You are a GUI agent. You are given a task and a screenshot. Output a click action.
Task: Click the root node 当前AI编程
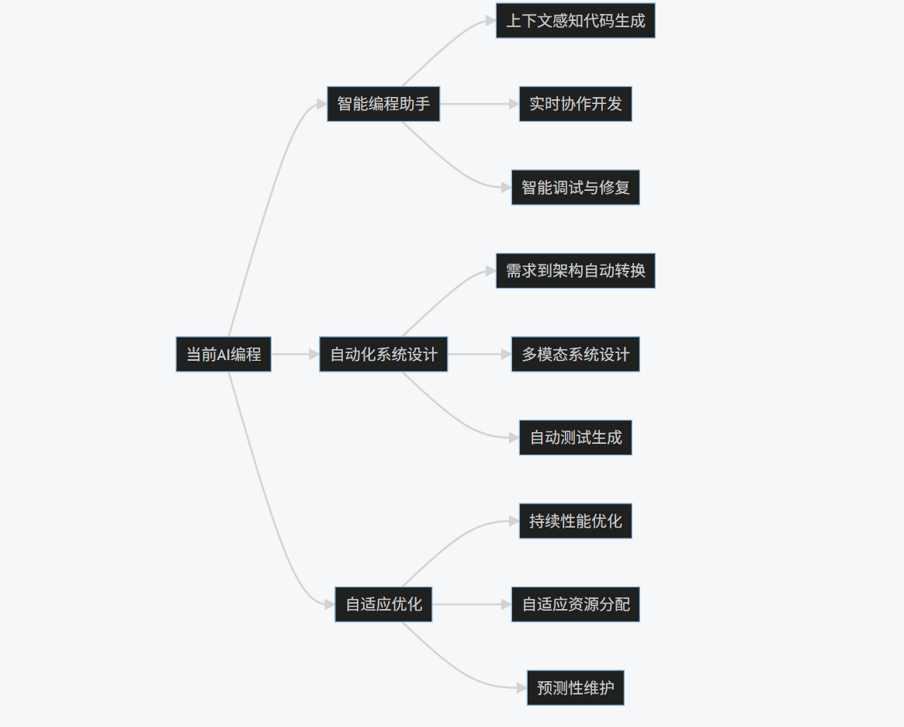tap(223, 355)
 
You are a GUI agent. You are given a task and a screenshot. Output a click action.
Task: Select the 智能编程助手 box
tap(383, 104)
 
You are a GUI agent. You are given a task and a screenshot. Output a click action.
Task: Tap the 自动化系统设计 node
tap(383, 355)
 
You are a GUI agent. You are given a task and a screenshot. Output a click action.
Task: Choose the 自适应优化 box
tap(383, 604)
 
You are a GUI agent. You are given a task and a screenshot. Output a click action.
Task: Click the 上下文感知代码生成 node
tap(575, 21)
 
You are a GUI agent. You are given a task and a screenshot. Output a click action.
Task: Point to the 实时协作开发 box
tap(575, 104)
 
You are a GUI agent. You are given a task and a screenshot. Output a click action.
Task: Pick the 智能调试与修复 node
tap(575, 188)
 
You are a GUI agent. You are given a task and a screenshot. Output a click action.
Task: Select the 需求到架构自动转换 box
tap(575, 271)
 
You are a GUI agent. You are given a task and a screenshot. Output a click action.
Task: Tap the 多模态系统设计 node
tap(575, 355)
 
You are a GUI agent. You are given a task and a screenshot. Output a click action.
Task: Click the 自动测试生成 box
tap(575, 438)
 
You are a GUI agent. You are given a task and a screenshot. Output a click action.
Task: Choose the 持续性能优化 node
tap(575, 521)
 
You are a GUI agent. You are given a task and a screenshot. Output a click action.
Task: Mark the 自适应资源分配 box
tap(575, 604)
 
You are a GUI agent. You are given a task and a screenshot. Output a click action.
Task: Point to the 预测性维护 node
tap(575, 688)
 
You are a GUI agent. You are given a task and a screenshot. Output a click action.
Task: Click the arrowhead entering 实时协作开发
tap(514, 104)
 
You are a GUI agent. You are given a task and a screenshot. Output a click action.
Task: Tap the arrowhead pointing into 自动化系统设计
tap(313, 355)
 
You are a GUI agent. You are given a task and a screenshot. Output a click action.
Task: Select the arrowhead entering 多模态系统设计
tap(506, 355)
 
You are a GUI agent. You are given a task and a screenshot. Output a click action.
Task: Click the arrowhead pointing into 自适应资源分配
tap(506, 604)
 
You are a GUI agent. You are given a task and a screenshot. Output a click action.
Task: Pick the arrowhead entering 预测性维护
tap(521, 687)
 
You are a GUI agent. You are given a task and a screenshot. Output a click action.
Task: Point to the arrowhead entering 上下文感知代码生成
tap(490, 21)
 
